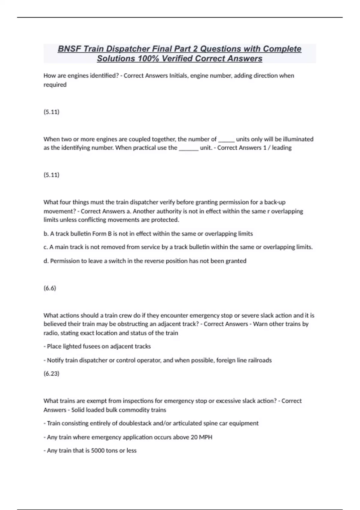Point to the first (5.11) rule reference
point(51,112)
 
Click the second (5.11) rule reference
point(51,175)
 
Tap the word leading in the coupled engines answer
point(282,148)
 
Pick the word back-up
point(275,202)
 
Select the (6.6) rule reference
point(50,288)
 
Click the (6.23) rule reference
point(51,373)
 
